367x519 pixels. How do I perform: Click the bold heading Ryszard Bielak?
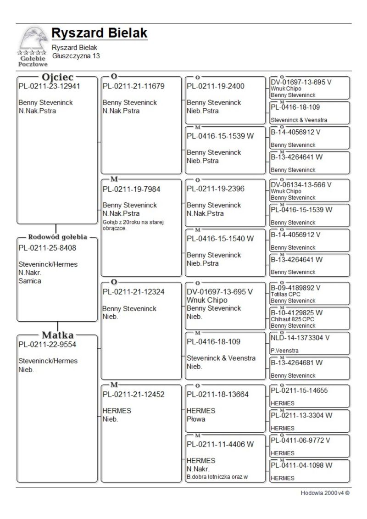pyautogui.click(x=99, y=33)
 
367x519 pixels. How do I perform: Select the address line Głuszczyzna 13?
pyautogui.click(x=76, y=56)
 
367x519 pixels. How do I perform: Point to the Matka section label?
pyautogui.click(x=57, y=335)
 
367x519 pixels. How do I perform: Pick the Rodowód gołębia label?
pyautogui.click(x=57, y=237)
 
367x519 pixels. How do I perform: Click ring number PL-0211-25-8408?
pyautogui.click(x=47, y=248)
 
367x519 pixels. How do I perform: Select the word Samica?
pyautogui.click(x=30, y=281)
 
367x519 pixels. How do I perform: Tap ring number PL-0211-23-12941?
pyautogui.click(x=49, y=86)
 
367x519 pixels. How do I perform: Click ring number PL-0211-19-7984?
pyautogui.click(x=131, y=189)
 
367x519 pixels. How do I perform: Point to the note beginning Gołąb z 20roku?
pyautogui.click(x=133, y=225)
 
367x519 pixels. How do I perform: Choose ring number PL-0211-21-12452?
pyautogui.click(x=133, y=394)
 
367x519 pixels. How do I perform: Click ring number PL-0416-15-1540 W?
pyautogui.click(x=220, y=239)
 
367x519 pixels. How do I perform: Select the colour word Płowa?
pyautogui.click(x=196, y=419)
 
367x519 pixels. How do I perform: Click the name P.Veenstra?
pyautogui.click(x=284, y=351)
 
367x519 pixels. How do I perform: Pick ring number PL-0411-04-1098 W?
pyautogui.click(x=301, y=465)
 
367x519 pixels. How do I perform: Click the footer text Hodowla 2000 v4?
pyautogui.click(x=325, y=493)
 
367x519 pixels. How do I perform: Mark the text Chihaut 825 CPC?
pyautogui.click(x=292, y=319)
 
